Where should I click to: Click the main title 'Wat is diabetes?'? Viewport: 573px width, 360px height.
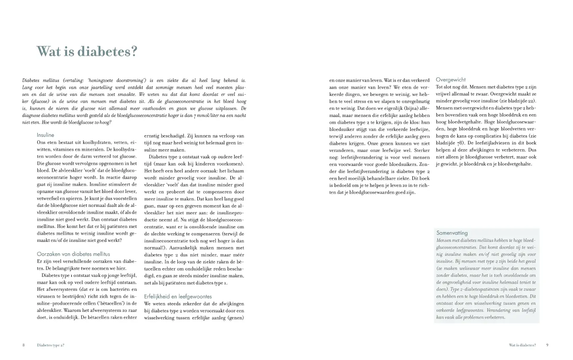point(87,51)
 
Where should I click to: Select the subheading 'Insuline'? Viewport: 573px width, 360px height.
point(45,135)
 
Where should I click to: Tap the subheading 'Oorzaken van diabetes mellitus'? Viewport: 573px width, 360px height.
point(73,254)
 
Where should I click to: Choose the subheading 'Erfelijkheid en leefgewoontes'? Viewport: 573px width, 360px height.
point(178,296)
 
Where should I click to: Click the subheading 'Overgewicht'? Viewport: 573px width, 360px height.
point(450,80)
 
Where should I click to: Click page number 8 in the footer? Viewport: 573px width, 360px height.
point(23,345)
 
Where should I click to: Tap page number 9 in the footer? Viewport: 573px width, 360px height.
point(547,345)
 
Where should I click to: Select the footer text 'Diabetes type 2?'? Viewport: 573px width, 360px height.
point(51,345)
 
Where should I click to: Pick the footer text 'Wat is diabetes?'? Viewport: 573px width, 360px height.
point(522,345)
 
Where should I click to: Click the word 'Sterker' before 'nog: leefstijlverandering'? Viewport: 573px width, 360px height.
point(421,150)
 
